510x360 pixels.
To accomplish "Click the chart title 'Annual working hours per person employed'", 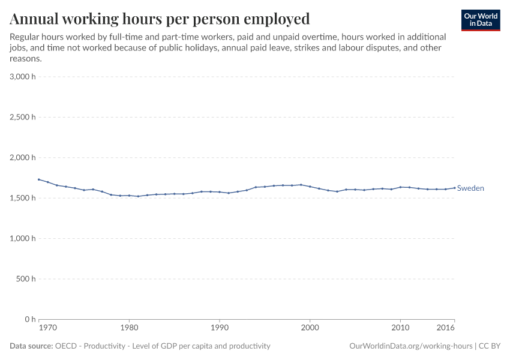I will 160,19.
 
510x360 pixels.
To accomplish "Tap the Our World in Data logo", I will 480,20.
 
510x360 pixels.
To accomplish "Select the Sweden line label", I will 470,188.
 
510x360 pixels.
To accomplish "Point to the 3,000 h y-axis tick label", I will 23,77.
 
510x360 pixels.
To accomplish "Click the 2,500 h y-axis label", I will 23,117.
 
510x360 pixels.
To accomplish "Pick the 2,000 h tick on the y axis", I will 23,158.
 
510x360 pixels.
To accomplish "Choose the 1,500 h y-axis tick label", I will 23,198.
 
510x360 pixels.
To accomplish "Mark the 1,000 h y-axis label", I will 23,238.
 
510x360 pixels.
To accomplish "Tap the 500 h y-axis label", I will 26,279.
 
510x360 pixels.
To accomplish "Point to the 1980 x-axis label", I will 129,329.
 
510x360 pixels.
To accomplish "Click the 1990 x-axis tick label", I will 220,329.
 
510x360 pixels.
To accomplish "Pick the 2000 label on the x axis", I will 310,329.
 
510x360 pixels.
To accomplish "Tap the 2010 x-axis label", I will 400,329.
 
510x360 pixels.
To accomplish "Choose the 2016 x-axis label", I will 446,329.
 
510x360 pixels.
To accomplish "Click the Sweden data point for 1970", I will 39,179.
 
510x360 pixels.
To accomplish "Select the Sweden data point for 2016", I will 455,187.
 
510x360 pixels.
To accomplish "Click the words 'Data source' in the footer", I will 31,346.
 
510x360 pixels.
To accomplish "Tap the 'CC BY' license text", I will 490,346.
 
